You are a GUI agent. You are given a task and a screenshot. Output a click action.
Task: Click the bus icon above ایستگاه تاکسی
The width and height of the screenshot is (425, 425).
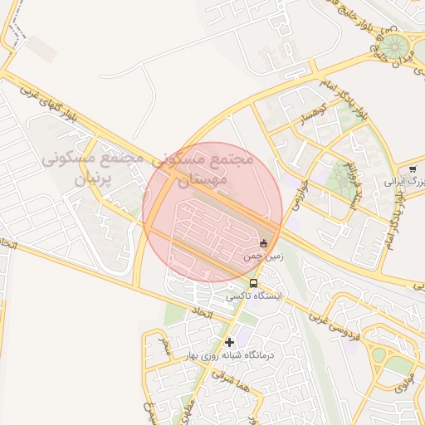(253, 282)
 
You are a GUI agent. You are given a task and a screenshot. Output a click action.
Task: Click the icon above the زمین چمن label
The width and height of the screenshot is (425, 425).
(264, 243)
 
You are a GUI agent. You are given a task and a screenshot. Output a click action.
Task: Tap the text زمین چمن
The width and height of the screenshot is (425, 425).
(263, 257)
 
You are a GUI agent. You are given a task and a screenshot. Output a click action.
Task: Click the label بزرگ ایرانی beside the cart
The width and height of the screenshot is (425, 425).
(407, 180)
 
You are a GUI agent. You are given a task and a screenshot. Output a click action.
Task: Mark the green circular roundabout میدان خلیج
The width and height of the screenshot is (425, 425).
(393, 44)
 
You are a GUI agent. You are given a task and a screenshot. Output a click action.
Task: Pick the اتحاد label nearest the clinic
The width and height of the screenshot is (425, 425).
(202, 315)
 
